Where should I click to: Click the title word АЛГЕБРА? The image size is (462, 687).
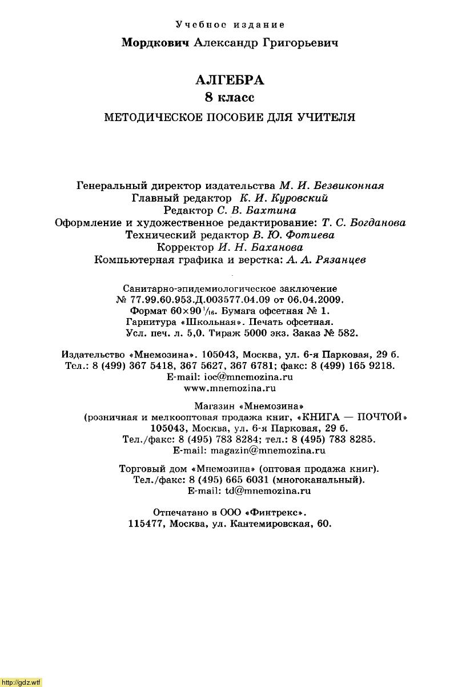tap(230, 81)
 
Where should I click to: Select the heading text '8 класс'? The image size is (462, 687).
tap(230, 98)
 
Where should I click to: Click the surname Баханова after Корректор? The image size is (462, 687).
tap(276, 247)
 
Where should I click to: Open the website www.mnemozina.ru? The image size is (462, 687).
tap(230, 388)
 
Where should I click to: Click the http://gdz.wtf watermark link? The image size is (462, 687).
tap(21, 682)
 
